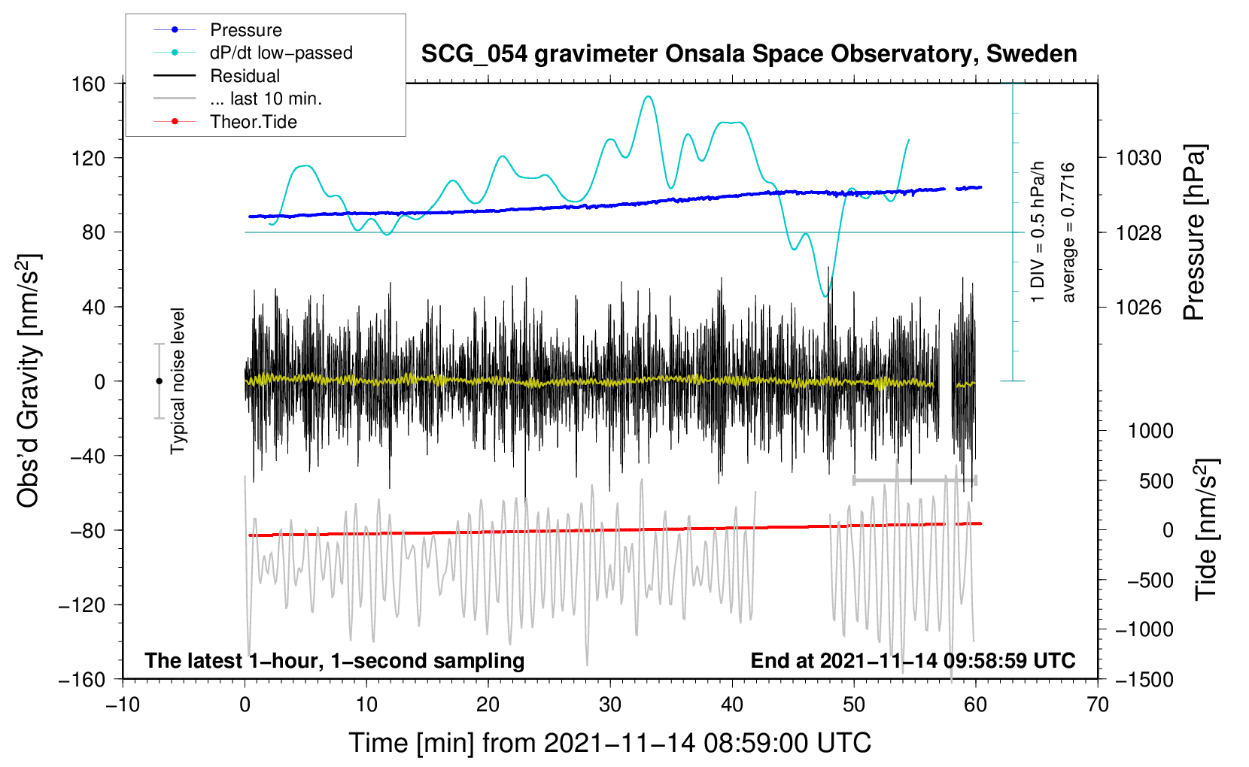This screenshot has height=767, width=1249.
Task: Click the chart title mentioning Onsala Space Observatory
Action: pos(749,54)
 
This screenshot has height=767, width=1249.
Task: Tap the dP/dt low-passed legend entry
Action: pos(281,53)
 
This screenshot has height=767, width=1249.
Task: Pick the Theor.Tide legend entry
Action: pos(253,122)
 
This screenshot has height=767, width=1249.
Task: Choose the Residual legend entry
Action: pos(245,76)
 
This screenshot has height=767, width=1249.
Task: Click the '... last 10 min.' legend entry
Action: pos(266,99)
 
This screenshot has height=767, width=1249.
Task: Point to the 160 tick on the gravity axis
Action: pos(89,83)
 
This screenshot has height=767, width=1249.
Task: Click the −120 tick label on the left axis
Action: pos(82,605)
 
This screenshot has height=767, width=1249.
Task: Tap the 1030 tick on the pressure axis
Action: pos(1138,158)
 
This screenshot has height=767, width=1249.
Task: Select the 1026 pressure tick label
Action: pos(1138,307)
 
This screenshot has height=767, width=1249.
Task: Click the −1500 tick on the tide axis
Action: pos(1144,679)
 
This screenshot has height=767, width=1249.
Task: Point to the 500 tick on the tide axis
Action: pos(1156,481)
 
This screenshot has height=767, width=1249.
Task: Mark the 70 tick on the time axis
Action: pos(1097,705)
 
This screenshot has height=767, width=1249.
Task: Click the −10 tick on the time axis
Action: pos(123,705)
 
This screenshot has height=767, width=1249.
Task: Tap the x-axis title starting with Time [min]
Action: pos(609,743)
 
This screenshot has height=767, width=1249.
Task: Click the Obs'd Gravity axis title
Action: pos(28,380)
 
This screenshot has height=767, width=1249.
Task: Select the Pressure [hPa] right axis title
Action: pos(1194,232)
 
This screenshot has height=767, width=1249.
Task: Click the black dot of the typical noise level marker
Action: pos(159,381)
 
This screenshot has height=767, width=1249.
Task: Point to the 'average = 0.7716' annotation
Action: pos(1068,232)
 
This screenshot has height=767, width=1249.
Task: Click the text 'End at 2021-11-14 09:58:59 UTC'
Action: pos(913,660)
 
